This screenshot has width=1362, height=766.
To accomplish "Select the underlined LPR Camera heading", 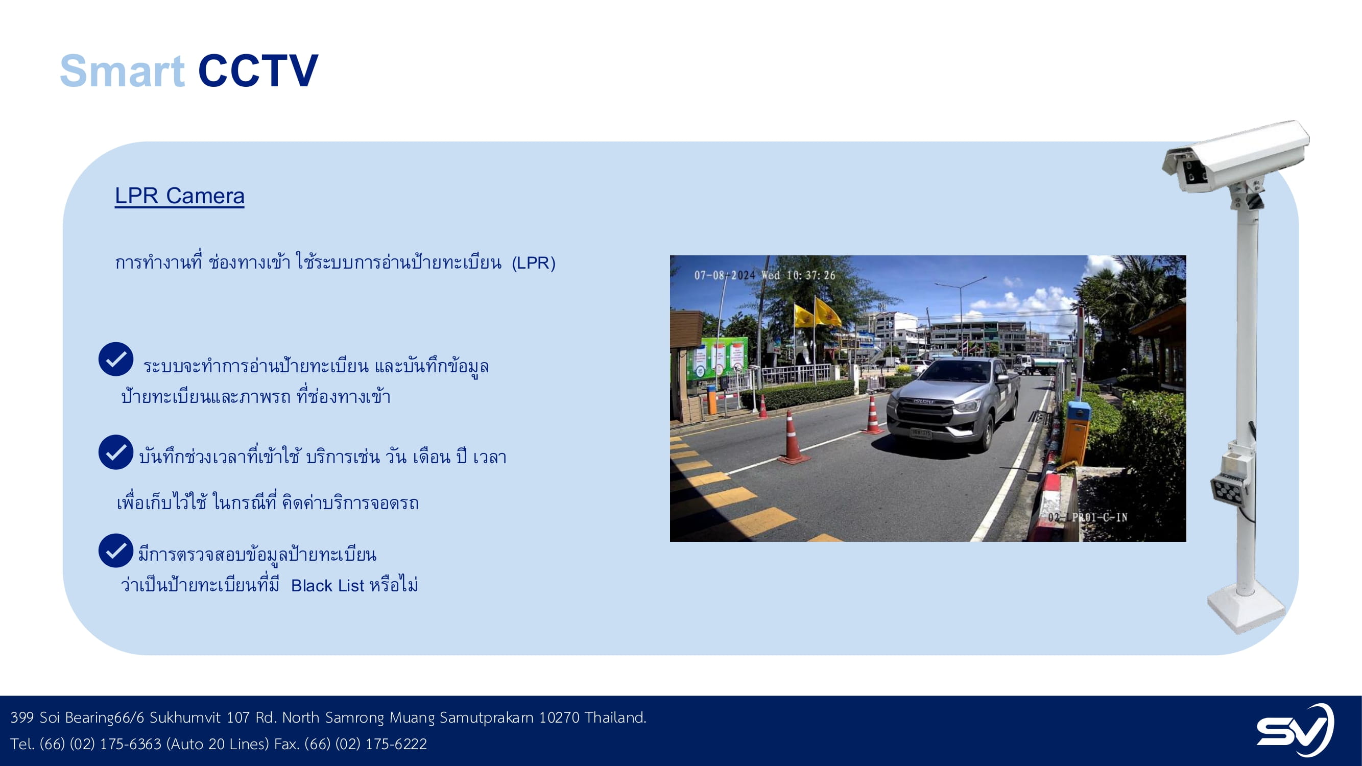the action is [180, 196].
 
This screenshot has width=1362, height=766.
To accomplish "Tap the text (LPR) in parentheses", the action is [534, 262].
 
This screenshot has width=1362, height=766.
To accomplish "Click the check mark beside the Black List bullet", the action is [115, 550].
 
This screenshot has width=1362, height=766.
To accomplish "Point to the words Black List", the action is [327, 586].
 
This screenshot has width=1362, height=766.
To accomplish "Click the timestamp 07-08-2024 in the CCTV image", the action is [724, 275].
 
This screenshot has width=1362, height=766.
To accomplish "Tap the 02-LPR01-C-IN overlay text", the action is [1088, 517].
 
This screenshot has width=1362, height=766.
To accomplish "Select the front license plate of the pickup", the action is [921, 434].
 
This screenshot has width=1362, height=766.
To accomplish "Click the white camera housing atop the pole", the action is [1236, 155].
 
